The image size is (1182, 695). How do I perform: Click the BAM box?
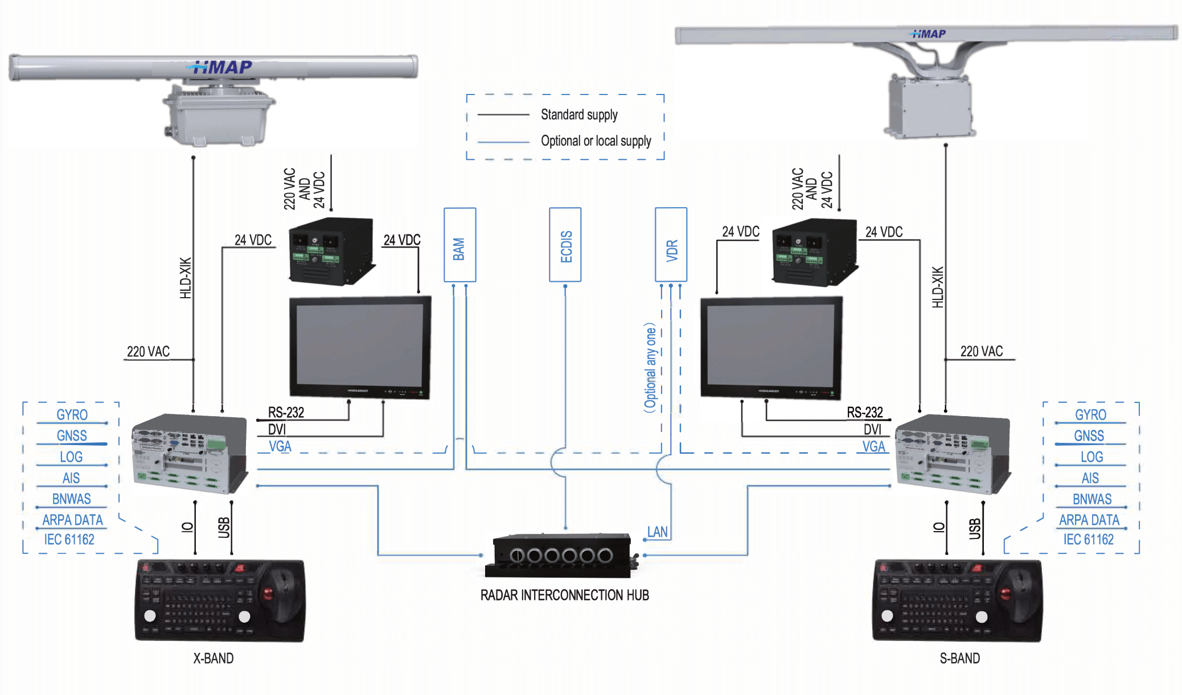pyautogui.click(x=459, y=245)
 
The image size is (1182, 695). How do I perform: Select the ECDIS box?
pyautogui.click(x=565, y=245)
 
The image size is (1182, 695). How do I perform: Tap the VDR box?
pyautogui.click(x=671, y=245)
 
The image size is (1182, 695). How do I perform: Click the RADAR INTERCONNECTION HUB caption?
pyautogui.click(x=564, y=595)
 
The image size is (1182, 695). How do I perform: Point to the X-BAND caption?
pyautogui.click(x=214, y=659)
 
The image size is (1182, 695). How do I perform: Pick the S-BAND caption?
pyautogui.click(x=959, y=659)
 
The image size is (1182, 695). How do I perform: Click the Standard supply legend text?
pyautogui.click(x=579, y=115)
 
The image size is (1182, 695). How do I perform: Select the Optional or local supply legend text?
pyautogui.click(x=596, y=141)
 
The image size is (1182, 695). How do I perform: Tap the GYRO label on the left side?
pyautogui.click(x=72, y=415)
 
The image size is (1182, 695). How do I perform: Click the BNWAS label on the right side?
pyautogui.click(x=1091, y=499)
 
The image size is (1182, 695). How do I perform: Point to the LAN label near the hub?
pyautogui.click(x=657, y=532)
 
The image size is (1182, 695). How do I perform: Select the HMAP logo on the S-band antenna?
pyautogui.click(x=929, y=34)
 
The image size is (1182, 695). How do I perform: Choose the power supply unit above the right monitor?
pyautogui.click(x=814, y=252)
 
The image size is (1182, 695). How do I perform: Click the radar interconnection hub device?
pyautogui.click(x=561, y=554)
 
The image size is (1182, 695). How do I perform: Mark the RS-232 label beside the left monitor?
pyautogui.click(x=286, y=412)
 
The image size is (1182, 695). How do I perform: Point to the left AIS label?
pyautogui.click(x=71, y=478)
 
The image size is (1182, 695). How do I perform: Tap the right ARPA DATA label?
pyautogui.click(x=1089, y=520)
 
